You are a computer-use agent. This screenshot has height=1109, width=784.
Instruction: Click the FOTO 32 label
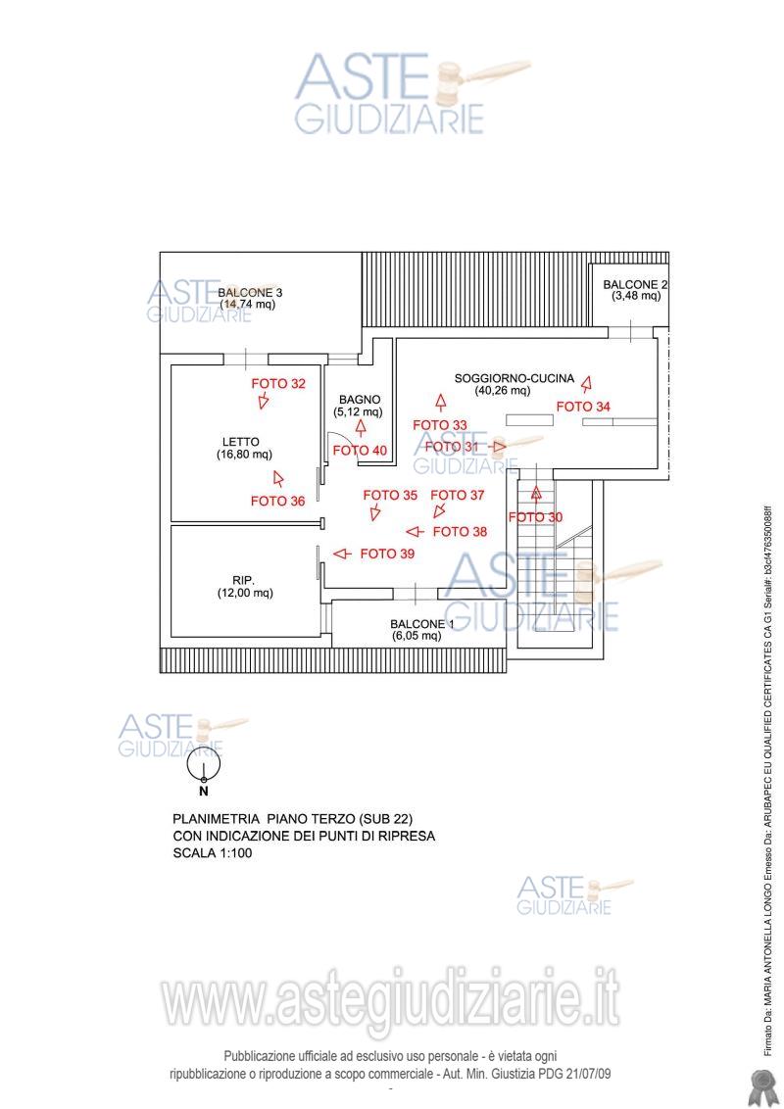(x=278, y=384)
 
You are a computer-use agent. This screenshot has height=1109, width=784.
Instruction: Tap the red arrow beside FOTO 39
(x=341, y=554)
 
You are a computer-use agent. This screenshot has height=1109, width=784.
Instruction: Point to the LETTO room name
(x=241, y=442)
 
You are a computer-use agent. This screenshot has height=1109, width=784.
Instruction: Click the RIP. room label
(x=245, y=579)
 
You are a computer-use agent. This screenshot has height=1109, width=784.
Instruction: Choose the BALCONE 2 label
(x=636, y=284)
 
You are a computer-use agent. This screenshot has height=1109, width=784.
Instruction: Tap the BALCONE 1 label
(x=421, y=624)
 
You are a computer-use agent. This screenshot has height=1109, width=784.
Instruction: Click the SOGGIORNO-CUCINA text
(x=508, y=378)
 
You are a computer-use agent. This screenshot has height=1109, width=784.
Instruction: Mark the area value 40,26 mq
(x=503, y=391)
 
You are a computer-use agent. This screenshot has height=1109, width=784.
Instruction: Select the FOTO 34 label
(x=583, y=407)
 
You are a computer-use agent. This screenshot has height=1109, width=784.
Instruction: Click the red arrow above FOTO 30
(x=536, y=495)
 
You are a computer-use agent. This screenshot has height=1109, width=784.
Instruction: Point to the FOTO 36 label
(x=277, y=501)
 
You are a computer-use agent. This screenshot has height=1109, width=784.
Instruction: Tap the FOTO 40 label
(x=360, y=451)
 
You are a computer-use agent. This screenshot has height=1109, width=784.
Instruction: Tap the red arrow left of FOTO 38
(x=415, y=532)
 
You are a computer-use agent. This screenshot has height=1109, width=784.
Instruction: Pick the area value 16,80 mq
(x=244, y=455)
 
